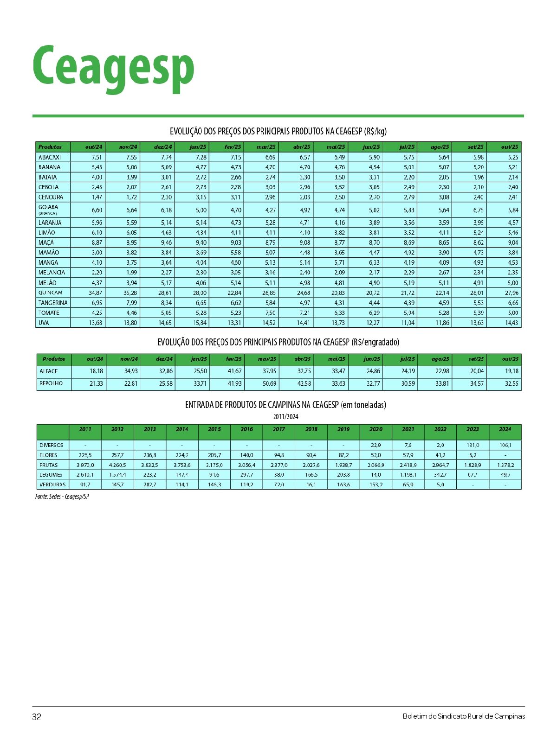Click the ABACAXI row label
(x=50, y=157)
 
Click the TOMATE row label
(x=49, y=312)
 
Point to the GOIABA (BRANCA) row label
(x=48, y=210)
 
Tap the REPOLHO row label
(x=51, y=383)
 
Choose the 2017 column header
(x=279, y=429)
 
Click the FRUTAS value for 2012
(x=117, y=465)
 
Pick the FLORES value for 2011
(x=85, y=455)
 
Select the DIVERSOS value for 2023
(x=473, y=445)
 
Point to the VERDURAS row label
(x=52, y=484)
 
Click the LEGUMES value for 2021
(x=408, y=475)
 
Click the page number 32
(x=37, y=716)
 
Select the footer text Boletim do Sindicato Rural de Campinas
(x=464, y=716)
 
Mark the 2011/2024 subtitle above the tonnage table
(x=285, y=416)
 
